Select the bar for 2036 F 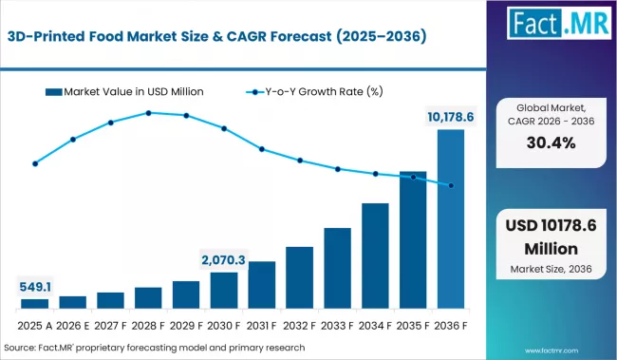(451, 219)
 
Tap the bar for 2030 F (224, 291)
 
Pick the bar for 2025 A (35, 304)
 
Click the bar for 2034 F (375, 256)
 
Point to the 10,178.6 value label (451, 117)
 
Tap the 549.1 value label (35, 286)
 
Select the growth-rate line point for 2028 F (148, 113)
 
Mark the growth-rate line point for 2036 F (451, 185)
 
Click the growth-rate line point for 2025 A (35, 163)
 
